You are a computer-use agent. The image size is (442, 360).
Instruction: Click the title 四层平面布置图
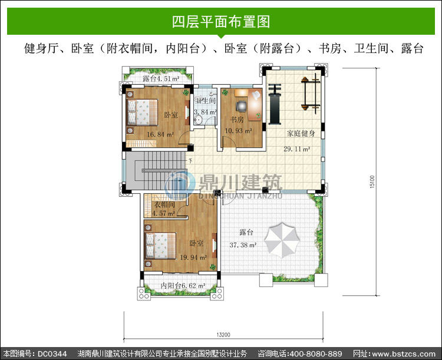pyautogui.click(x=221, y=22)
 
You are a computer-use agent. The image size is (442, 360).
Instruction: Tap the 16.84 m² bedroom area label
pyautogui.click(x=160, y=134)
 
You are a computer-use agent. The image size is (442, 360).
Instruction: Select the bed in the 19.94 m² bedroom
pyautogui.click(x=160, y=246)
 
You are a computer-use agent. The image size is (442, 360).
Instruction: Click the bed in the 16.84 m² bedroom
pyautogui.click(x=143, y=112)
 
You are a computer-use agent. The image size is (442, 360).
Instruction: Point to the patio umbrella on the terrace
pyautogui.click(x=282, y=240)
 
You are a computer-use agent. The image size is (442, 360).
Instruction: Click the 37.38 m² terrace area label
pyautogui.click(x=243, y=245)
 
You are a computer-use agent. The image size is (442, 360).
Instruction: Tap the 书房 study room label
pyautogui.click(x=237, y=120)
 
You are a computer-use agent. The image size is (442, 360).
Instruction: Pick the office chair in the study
pyautogui.click(x=241, y=105)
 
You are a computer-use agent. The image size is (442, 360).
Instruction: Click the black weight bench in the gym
pyautogui.click(x=274, y=104)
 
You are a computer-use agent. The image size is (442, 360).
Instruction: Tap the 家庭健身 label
pyautogui.click(x=301, y=133)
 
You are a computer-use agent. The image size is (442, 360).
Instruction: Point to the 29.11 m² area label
pyautogui.click(x=297, y=149)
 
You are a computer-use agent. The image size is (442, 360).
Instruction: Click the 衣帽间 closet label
pyautogui.click(x=164, y=204)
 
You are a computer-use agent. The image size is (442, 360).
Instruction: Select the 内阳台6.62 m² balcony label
pyautogui.click(x=183, y=286)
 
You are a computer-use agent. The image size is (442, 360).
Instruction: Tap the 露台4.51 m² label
pyautogui.click(x=161, y=78)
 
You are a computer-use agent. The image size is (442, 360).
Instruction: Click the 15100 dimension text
pyautogui.click(x=372, y=182)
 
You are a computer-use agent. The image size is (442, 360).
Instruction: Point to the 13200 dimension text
pyautogui.click(x=223, y=335)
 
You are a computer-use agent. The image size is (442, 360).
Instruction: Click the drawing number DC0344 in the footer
pyautogui.click(x=52, y=354)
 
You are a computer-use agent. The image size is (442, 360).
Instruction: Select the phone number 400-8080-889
pyautogui.click(x=316, y=354)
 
